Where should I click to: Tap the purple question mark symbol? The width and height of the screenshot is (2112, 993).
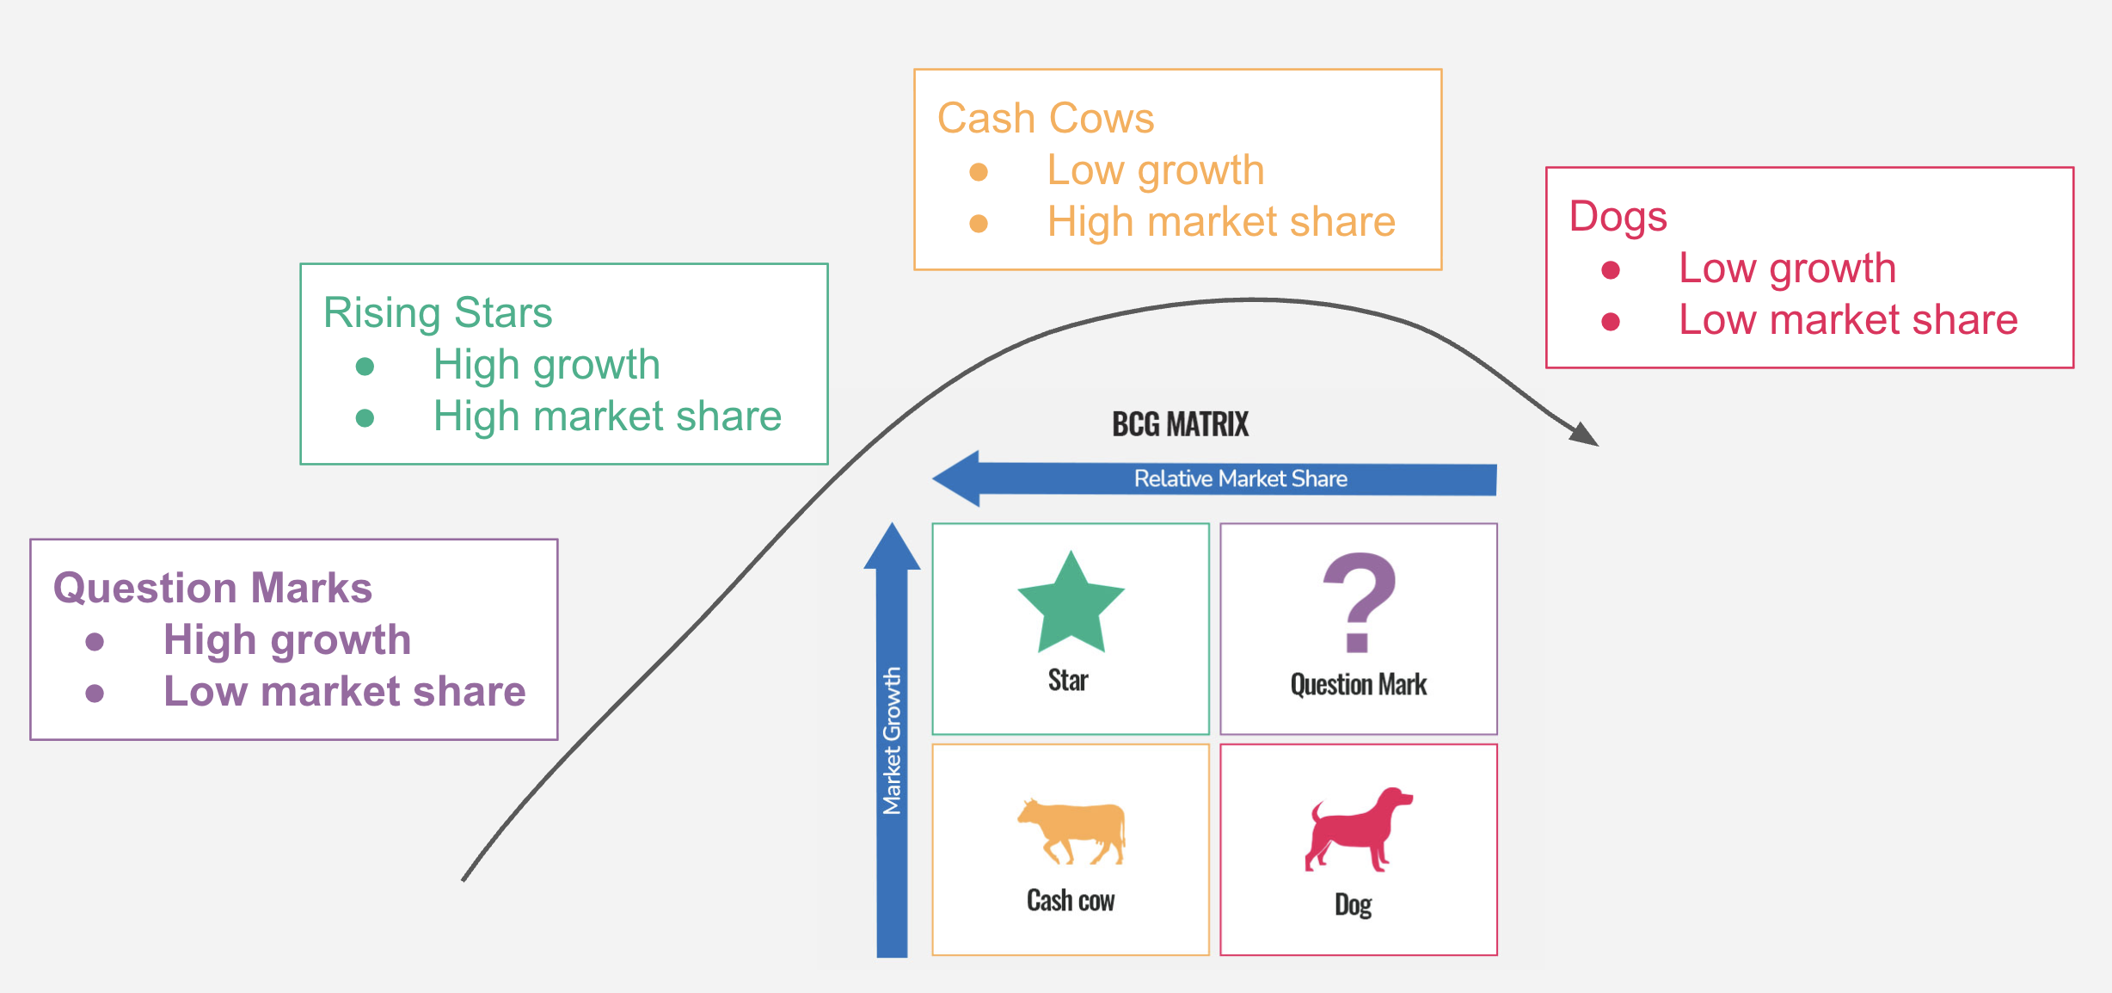click(1359, 601)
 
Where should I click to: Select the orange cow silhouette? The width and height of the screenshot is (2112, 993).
click(1071, 831)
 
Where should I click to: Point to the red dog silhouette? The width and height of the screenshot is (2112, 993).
click(1357, 829)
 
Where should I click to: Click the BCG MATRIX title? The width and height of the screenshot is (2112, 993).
click(1180, 424)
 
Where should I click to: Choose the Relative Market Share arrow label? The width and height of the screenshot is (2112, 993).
click(1240, 478)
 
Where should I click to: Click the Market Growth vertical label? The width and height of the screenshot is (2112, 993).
click(892, 740)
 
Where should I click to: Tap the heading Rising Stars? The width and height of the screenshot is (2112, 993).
click(438, 312)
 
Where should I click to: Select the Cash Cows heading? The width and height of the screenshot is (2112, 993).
click(1045, 118)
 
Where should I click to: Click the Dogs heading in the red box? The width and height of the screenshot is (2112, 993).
click(1618, 216)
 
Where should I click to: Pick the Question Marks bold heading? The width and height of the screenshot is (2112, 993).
click(212, 589)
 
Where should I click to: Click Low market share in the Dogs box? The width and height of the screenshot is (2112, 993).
click(1848, 320)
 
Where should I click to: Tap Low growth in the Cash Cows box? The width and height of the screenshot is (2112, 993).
click(1155, 170)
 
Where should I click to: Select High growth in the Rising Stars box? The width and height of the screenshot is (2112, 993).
click(546, 365)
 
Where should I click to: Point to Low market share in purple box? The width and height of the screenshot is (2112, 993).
click(344, 692)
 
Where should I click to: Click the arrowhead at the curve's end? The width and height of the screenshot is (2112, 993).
click(1585, 434)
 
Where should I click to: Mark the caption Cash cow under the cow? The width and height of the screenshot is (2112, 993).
click(1071, 901)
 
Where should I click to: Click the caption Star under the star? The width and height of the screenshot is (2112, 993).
click(1068, 681)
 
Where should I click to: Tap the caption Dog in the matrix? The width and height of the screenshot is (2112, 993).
click(1353, 905)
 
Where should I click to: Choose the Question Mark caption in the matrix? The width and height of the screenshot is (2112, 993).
click(1358, 685)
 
